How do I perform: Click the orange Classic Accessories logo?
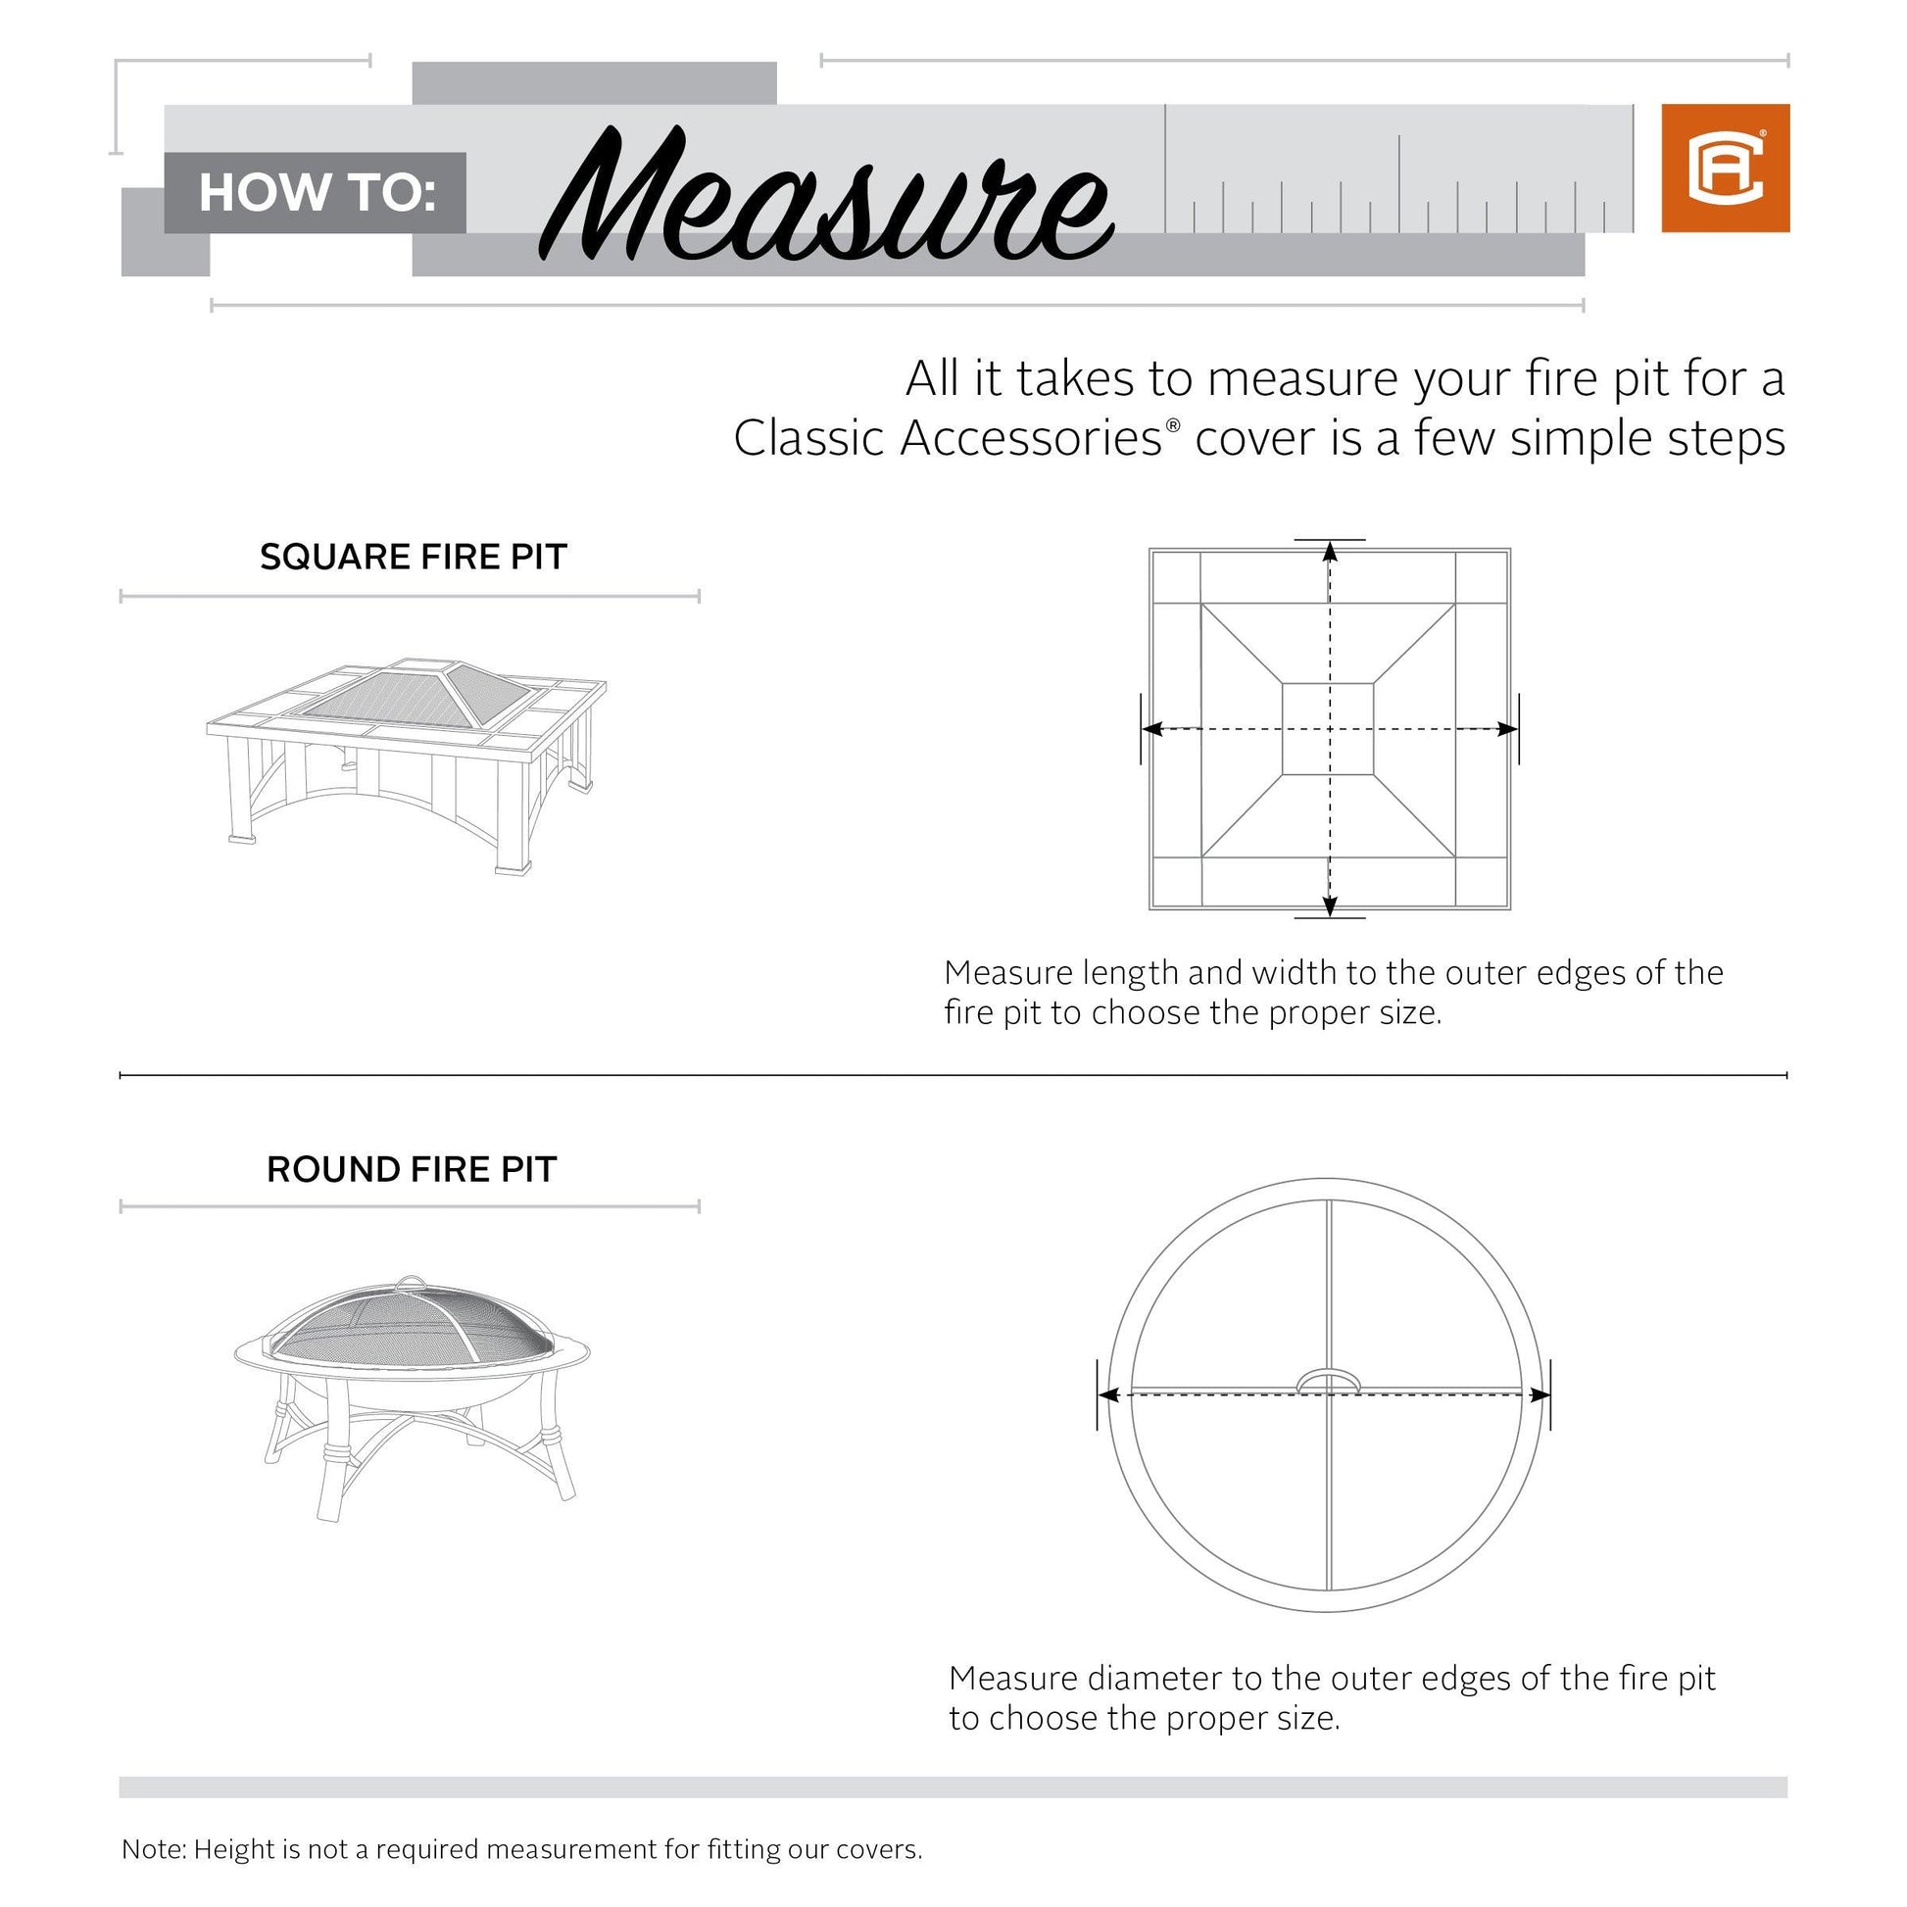click(x=1726, y=168)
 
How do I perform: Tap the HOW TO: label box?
click(x=315, y=192)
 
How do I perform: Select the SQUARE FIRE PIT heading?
click(x=414, y=557)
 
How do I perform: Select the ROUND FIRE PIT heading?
click(x=412, y=1169)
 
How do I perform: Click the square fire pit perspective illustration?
click(x=407, y=766)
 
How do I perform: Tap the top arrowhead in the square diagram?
click(x=1331, y=551)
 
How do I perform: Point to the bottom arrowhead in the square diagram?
click(x=1331, y=907)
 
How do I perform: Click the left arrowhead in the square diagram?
click(x=1151, y=729)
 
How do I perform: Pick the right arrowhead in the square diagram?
click(x=1508, y=729)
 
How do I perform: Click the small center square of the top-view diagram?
click(x=1328, y=728)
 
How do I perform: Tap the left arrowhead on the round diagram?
click(x=1108, y=1394)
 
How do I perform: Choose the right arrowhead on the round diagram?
click(x=1540, y=1394)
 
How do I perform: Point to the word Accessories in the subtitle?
click(x=1031, y=438)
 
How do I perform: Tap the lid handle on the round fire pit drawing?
click(x=410, y=1282)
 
